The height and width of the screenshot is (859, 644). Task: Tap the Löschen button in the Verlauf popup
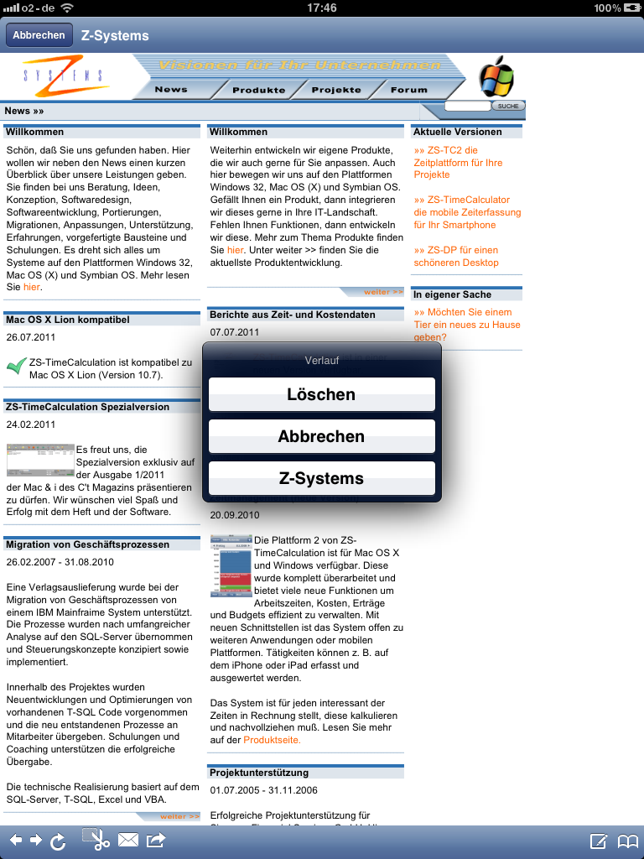pos(322,394)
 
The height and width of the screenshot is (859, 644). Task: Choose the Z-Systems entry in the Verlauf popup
pos(322,479)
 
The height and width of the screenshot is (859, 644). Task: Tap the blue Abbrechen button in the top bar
pos(39,35)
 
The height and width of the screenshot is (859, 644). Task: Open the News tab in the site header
pos(171,90)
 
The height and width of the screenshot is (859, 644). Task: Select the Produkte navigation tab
pos(258,90)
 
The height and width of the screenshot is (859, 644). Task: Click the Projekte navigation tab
pos(336,90)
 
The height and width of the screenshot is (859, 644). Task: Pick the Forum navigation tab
pos(409,90)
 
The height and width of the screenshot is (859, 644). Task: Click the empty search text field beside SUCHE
pos(467,106)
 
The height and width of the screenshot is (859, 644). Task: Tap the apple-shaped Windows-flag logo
pos(496,78)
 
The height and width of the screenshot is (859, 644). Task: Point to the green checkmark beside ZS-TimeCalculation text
pos(16,367)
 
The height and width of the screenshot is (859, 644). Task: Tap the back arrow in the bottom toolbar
pos(16,840)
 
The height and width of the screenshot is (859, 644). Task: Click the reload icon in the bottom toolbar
pos(58,841)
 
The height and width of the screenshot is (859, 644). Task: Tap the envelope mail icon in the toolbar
pos(128,840)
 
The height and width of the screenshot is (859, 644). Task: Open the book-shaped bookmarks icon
pos(628,841)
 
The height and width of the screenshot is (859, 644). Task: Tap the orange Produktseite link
pos(272,740)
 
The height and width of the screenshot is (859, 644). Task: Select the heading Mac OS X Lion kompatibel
pos(68,320)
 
